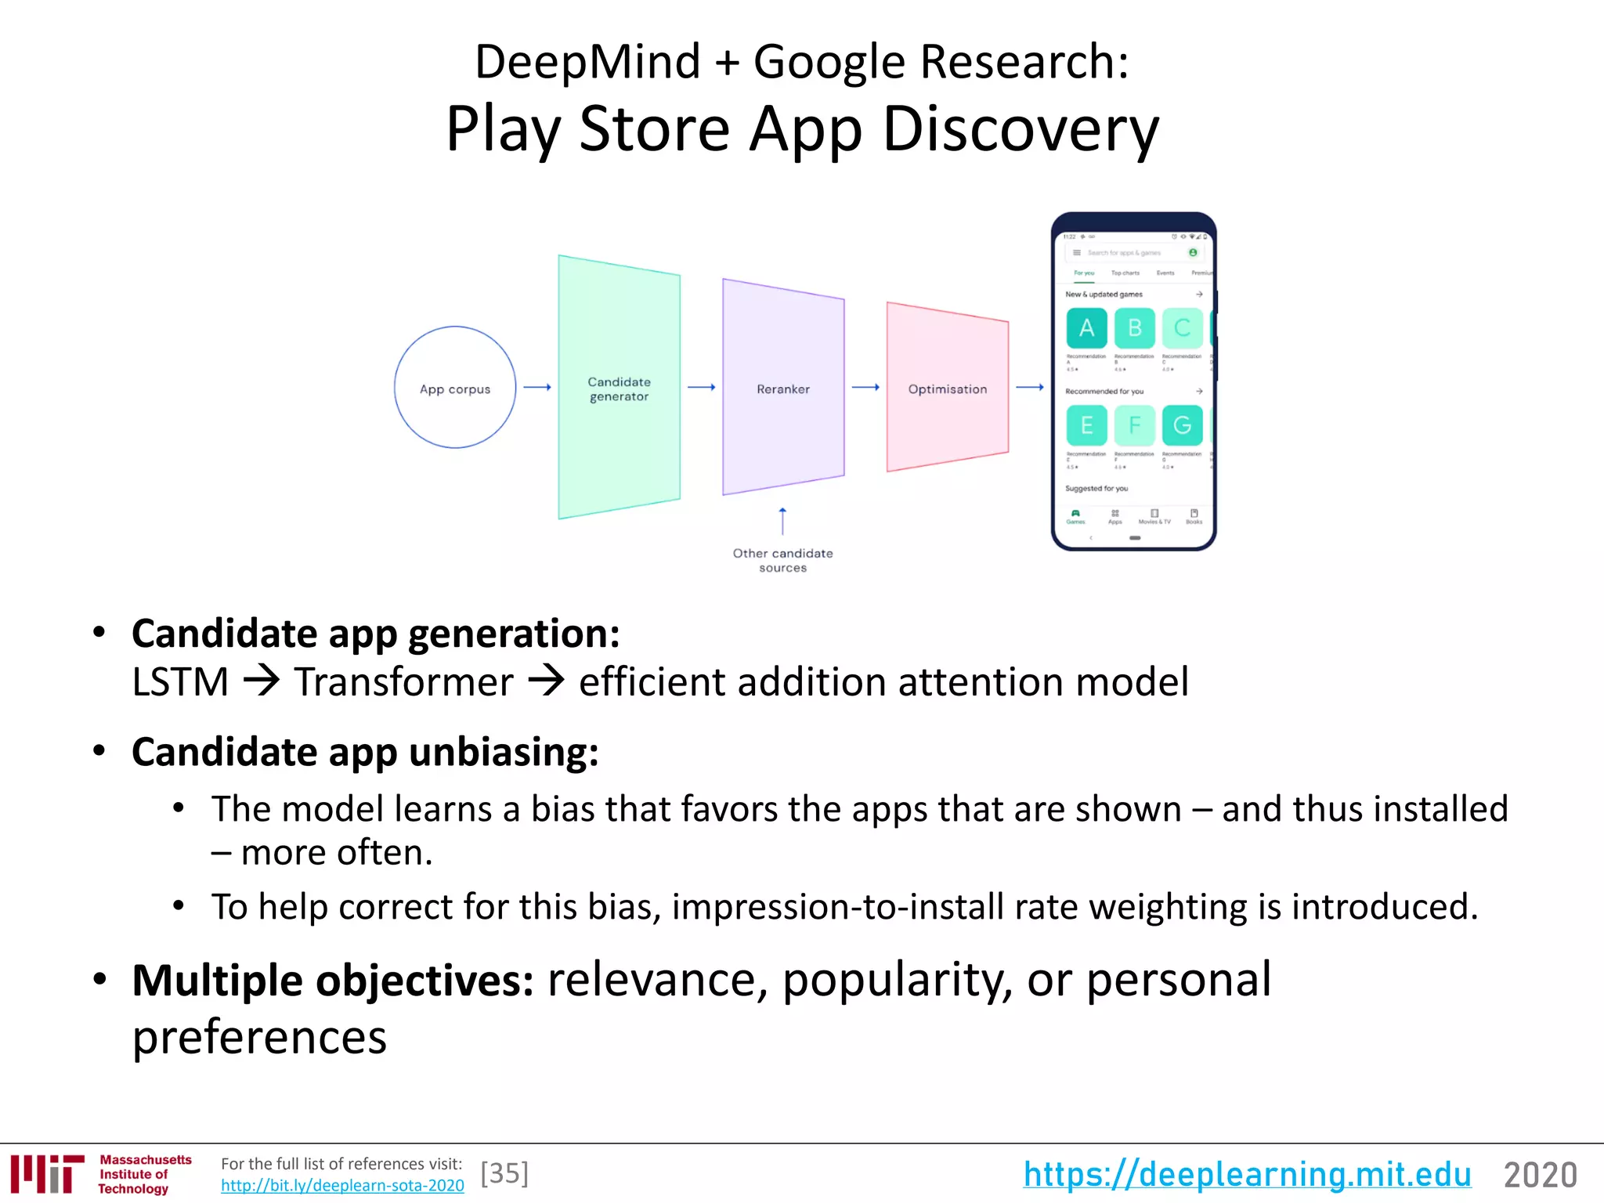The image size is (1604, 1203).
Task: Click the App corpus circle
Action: [x=455, y=388]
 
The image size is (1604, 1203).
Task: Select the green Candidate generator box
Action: [x=619, y=388]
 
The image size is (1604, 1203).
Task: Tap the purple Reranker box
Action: [x=783, y=388]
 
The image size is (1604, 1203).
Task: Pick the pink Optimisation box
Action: [x=947, y=388]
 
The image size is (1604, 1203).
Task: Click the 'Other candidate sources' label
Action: [x=782, y=560]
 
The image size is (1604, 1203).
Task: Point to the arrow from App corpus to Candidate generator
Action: [x=537, y=387]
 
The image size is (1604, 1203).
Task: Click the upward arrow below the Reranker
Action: [x=782, y=521]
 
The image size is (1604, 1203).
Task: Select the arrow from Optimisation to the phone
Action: [x=1030, y=387]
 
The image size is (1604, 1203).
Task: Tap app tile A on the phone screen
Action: [x=1086, y=328]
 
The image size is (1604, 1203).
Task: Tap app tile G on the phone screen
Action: [x=1182, y=425]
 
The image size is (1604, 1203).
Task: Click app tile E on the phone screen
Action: [x=1086, y=425]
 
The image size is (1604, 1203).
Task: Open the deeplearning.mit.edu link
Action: [x=1247, y=1174]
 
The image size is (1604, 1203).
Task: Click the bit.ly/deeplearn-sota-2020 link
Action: [x=342, y=1185]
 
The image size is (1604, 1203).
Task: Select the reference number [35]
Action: [x=504, y=1173]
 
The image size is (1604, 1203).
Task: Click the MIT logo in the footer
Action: [x=47, y=1173]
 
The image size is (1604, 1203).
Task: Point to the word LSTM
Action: [x=180, y=681]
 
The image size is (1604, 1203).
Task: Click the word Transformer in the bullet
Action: [x=403, y=681]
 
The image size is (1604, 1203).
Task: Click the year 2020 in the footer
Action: [x=1540, y=1175]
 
